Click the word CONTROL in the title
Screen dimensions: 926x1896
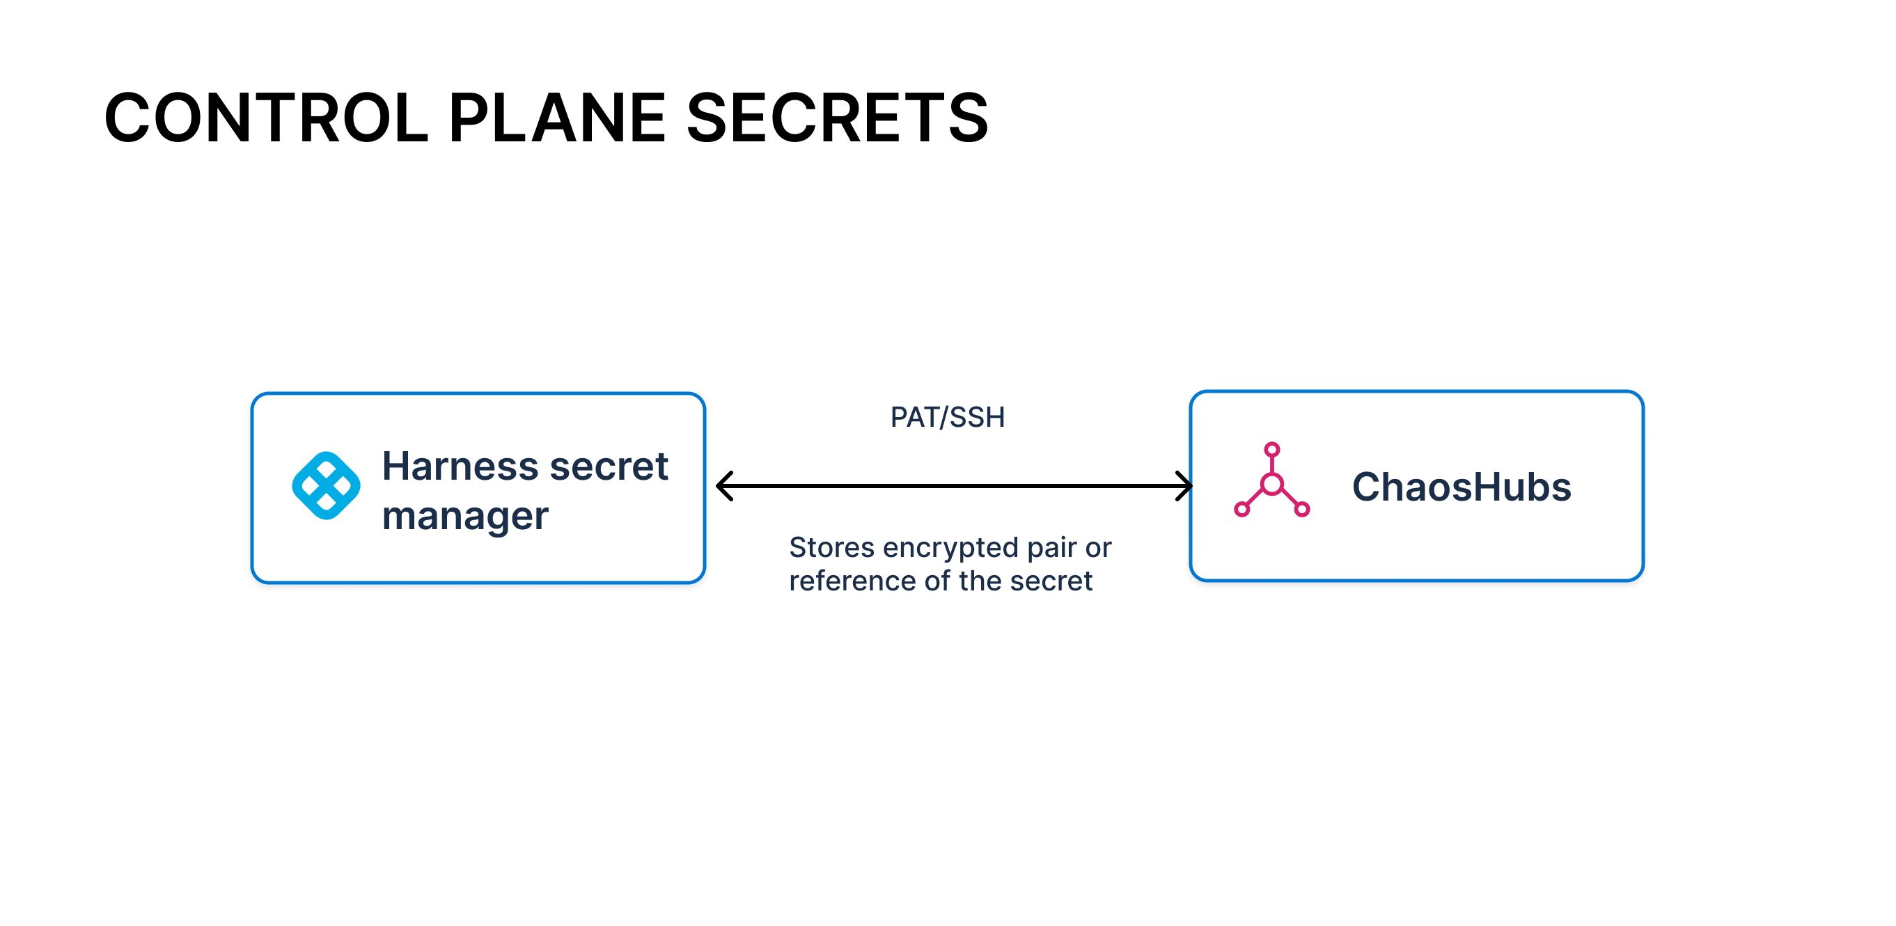[x=267, y=118]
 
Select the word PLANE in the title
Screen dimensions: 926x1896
[x=558, y=118]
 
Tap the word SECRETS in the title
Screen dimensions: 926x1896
[x=837, y=118]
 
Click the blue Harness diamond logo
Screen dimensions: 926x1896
[x=326, y=486]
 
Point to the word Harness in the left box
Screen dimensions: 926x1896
[x=460, y=466]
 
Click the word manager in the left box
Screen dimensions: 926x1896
[x=465, y=517]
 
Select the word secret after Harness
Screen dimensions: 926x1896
[x=609, y=466]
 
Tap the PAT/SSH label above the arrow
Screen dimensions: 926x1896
[x=947, y=417]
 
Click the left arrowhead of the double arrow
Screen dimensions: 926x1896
[x=726, y=486]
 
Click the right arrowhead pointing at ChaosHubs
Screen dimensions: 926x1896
[x=1184, y=486]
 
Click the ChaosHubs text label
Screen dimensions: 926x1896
[x=1461, y=487]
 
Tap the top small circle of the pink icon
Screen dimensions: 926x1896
[x=1272, y=450]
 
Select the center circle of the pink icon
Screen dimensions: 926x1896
[x=1272, y=485]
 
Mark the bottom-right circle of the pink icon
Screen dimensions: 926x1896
[x=1302, y=509]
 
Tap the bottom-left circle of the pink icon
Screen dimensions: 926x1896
[x=1241, y=509]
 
